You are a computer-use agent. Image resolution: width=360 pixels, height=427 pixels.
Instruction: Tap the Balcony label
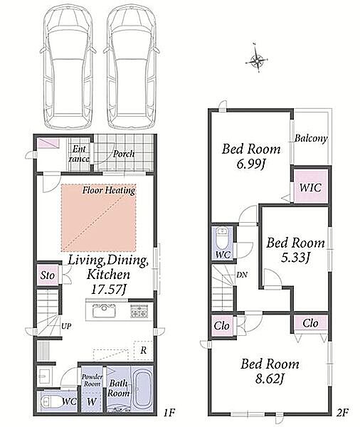click(x=311, y=138)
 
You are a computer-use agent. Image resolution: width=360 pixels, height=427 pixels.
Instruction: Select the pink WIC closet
click(x=311, y=186)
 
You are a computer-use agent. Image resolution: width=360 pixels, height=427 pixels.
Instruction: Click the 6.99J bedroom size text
click(x=251, y=164)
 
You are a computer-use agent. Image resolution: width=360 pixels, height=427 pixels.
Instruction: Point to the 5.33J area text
click(x=295, y=258)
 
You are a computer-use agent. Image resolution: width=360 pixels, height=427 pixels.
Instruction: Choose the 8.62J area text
click(x=270, y=379)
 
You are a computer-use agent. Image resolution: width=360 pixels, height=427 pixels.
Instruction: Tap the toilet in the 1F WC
click(x=50, y=401)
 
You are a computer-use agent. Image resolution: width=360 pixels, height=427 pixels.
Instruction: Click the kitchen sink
click(x=105, y=311)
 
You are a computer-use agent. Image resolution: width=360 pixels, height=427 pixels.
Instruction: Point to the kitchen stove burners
click(x=139, y=311)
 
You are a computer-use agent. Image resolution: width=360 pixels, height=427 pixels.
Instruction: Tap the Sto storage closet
click(x=48, y=275)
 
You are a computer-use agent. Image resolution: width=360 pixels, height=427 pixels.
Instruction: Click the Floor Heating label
click(x=109, y=190)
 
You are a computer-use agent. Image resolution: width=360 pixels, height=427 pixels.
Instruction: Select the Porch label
click(x=124, y=154)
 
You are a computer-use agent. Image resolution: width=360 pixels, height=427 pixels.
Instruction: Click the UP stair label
click(x=66, y=326)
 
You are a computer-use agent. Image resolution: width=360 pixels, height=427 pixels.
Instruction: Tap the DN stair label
click(x=242, y=275)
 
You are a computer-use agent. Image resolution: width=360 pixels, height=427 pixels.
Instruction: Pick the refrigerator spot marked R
click(x=143, y=350)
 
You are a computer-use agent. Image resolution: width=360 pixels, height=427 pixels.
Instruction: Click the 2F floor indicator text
click(x=343, y=413)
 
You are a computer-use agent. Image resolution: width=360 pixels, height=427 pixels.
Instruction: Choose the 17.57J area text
click(x=108, y=289)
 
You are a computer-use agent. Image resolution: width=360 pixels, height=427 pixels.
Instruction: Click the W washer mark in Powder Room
click(x=91, y=401)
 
